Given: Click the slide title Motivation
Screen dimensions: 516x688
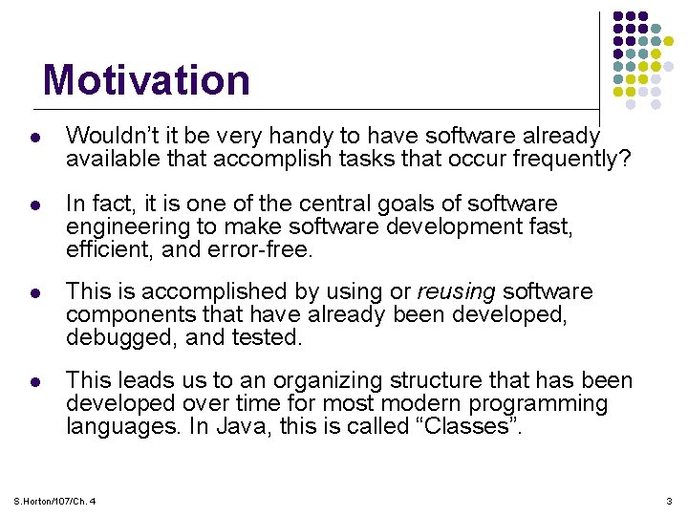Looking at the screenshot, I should coord(145,79).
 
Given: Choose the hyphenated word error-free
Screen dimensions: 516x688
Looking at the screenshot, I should coord(264,248).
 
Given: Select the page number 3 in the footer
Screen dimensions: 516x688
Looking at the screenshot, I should coord(669,501).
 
